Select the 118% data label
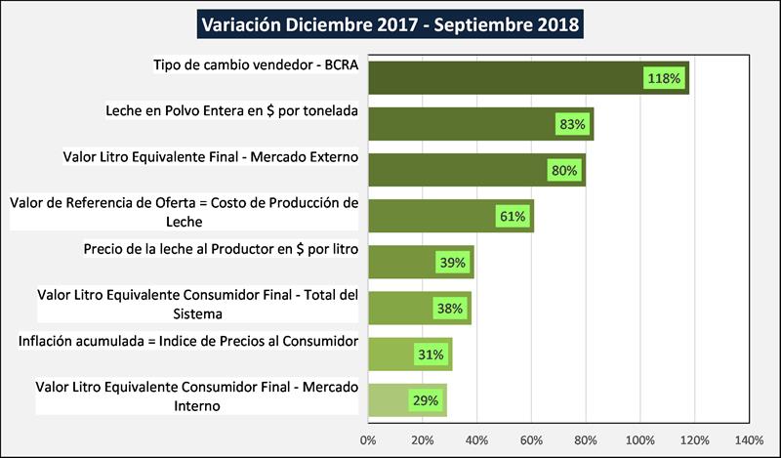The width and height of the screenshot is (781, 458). coord(664,78)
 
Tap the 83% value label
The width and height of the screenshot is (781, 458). coord(572,124)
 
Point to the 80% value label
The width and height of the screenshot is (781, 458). coord(564,170)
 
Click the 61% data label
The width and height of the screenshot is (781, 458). coord(513,216)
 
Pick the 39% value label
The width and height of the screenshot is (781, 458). coord(453,262)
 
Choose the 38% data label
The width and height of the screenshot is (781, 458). coord(450,308)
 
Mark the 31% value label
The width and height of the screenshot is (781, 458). coord(431,354)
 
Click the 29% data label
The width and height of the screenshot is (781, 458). coord(426,399)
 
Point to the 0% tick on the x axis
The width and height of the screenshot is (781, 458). coord(368,440)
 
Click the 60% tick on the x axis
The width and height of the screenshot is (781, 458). coord(531,440)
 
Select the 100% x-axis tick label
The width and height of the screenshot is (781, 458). coord(639,440)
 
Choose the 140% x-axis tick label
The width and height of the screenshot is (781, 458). coord(749,440)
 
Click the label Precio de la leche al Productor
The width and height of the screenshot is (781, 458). coord(222,249)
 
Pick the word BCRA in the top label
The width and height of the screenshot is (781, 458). coord(337,65)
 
